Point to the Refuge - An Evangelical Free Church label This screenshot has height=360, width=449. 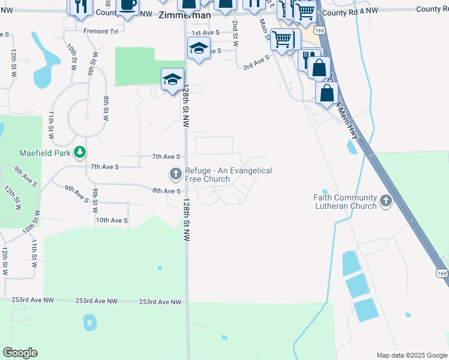[229, 175]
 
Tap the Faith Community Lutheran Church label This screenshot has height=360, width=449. [345, 202]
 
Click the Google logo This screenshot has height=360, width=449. [20, 353]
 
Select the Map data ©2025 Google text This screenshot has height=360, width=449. [412, 355]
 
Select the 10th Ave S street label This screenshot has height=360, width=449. [112, 220]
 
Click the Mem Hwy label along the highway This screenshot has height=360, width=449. [348, 120]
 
